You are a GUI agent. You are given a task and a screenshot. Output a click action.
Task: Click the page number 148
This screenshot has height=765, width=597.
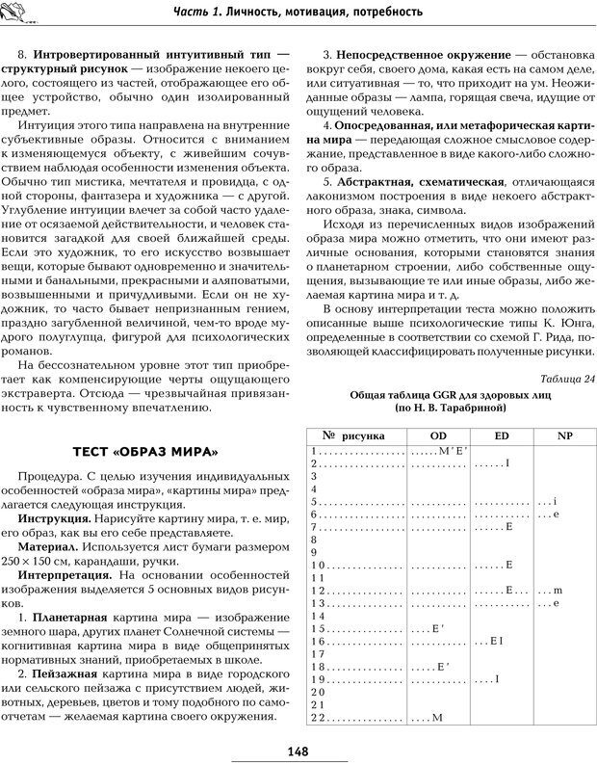click(298, 752)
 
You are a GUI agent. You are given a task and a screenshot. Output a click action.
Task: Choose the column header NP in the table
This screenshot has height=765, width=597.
click(564, 435)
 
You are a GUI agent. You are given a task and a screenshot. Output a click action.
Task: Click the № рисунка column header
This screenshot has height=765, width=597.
click(353, 435)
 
